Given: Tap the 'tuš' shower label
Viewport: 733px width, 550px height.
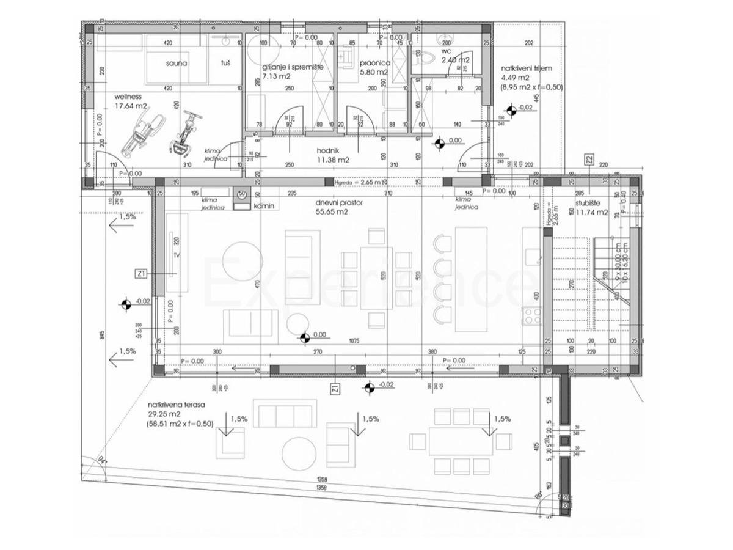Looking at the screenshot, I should pos(225,63).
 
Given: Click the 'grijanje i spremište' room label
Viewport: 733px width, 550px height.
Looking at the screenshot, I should pos(288,67).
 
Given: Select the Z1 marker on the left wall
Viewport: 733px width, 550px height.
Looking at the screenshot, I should pos(141,274).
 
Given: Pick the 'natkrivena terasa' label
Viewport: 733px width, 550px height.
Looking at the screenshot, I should pos(175,405).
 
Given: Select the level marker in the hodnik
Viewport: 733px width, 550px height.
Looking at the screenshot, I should pos(439,144).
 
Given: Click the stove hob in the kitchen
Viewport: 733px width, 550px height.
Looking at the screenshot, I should pos(531,316).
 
